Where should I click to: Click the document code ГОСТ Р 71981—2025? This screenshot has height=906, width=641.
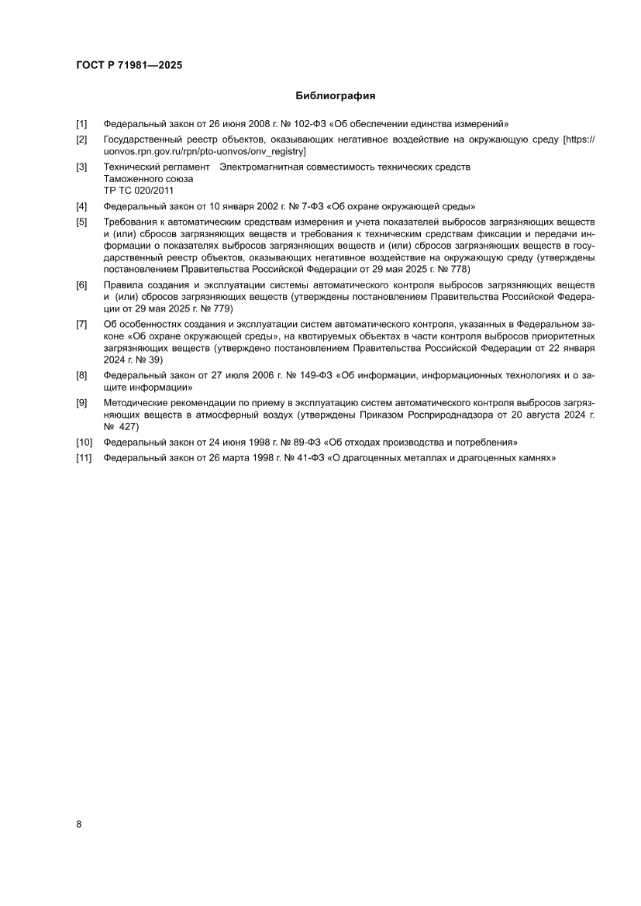pyautogui.click(x=129, y=66)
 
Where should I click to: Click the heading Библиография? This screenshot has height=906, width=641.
pyautogui.click(x=335, y=96)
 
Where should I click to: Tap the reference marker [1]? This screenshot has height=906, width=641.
pyautogui.click(x=81, y=124)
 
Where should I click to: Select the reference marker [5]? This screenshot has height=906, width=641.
pyautogui.click(x=81, y=222)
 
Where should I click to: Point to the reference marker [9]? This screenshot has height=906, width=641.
pyautogui.click(x=81, y=403)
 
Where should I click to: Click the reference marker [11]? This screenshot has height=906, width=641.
pyautogui.click(x=84, y=458)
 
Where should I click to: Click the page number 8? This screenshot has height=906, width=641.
pyautogui.click(x=79, y=824)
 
